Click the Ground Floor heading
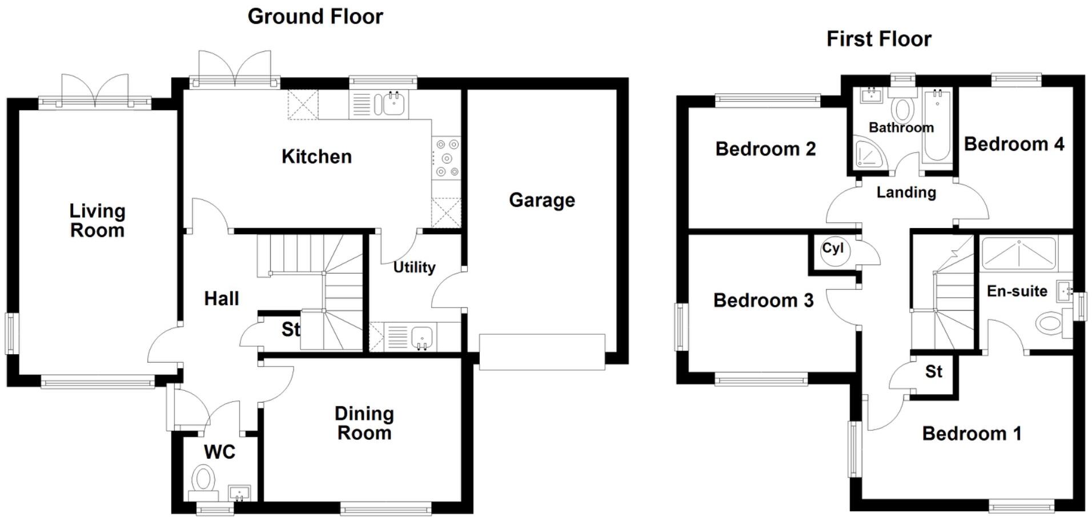coord(315,17)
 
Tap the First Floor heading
coord(878,39)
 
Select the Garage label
coord(541,200)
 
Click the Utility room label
coord(414,267)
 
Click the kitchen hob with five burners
coord(446,158)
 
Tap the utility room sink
coord(421,336)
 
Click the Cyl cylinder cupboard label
coord(833,249)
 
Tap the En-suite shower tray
coord(1018,254)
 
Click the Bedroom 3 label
coord(763,300)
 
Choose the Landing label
coord(906,193)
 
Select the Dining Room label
coord(364,423)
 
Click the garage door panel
coord(541,352)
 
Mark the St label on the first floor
coord(933,372)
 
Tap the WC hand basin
coord(239,492)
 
